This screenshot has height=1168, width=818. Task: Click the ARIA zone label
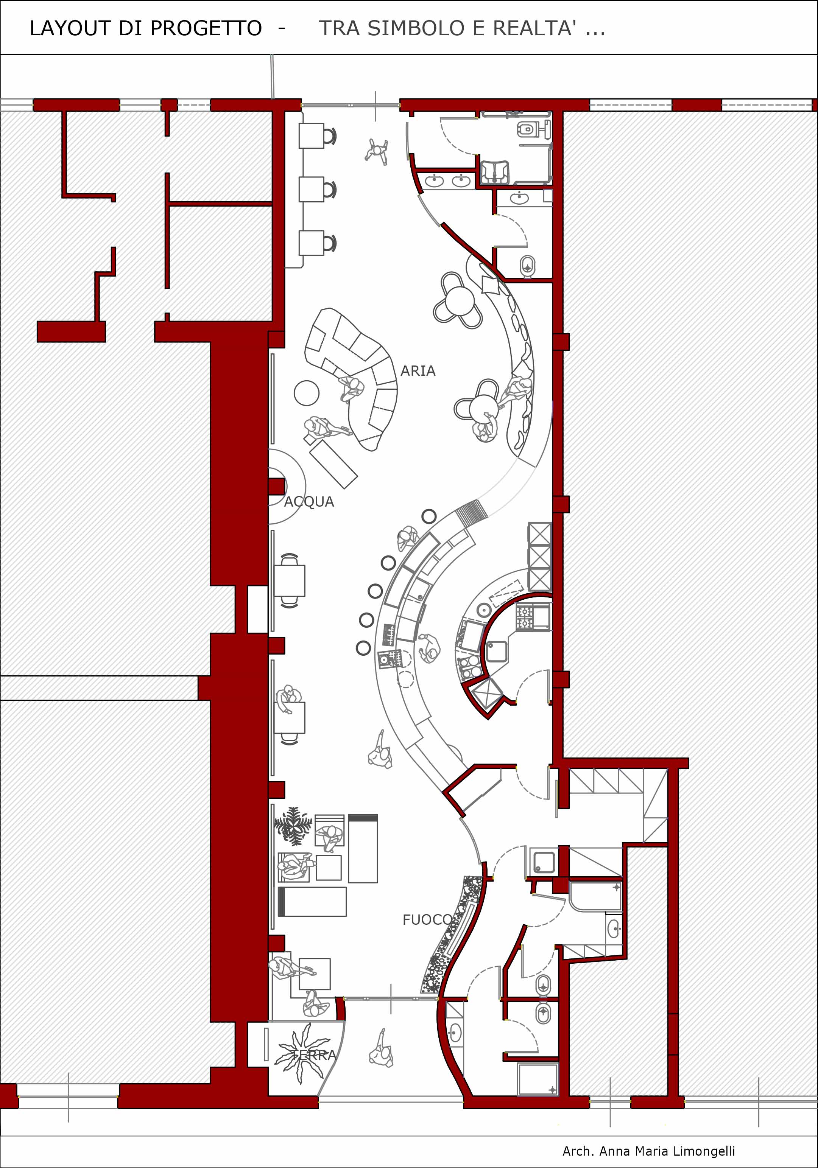[418, 371]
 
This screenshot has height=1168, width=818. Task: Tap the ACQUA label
[309, 502]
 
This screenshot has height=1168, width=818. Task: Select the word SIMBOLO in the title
[416, 28]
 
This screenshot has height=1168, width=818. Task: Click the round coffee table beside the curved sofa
[307, 393]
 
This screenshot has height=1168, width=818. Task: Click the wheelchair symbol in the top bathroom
[494, 172]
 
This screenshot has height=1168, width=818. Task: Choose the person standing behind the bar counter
[429, 648]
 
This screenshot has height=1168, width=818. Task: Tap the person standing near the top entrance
[377, 151]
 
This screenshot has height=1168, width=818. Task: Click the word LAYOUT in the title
[70, 28]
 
